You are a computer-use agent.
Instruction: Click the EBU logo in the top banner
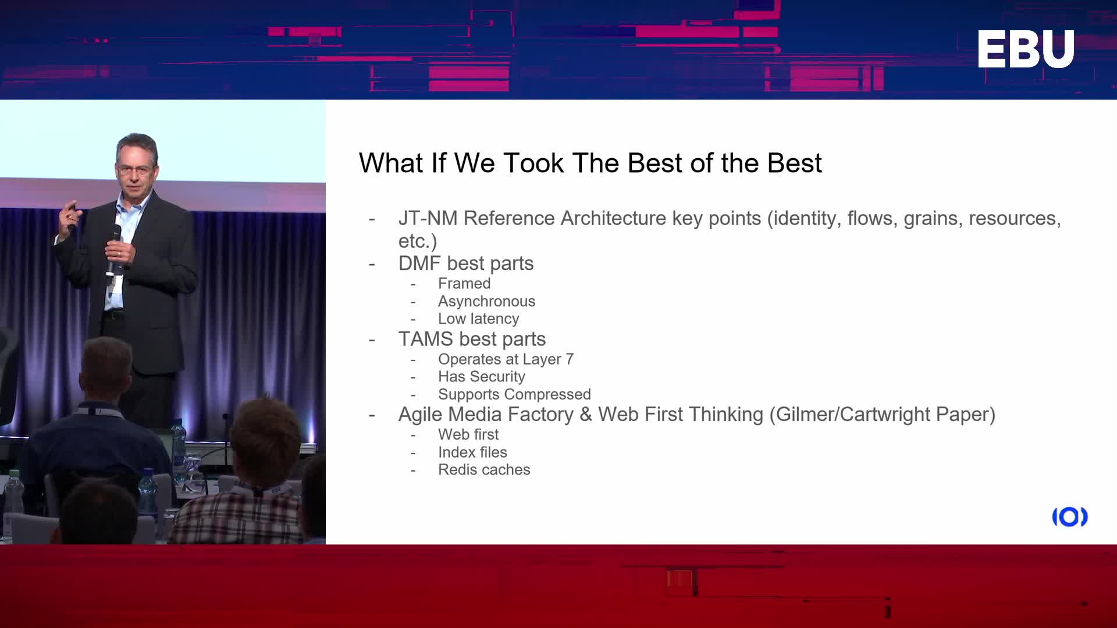(1026, 49)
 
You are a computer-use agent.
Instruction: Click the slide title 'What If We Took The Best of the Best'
(590, 163)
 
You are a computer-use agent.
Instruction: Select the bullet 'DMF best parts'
(465, 263)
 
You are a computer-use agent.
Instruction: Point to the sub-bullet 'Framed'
(464, 284)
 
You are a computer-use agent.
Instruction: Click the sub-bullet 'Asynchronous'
(486, 301)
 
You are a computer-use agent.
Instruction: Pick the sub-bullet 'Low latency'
(478, 319)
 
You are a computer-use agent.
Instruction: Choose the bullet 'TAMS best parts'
(472, 339)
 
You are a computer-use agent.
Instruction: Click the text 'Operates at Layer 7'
(506, 359)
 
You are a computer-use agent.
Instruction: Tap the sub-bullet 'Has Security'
(481, 377)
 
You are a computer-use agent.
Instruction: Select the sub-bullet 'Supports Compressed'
(514, 394)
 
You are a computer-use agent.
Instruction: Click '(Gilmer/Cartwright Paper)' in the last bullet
(882, 415)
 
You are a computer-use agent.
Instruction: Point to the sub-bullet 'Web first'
(468, 434)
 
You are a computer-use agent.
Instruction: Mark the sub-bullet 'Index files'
(472, 452)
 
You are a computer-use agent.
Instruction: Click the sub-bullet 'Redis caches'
(484, 470)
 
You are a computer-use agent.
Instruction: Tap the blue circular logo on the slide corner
(1070, 517)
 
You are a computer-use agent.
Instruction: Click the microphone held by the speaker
(113, 250)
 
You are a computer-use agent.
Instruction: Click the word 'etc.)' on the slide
(418, 241)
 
